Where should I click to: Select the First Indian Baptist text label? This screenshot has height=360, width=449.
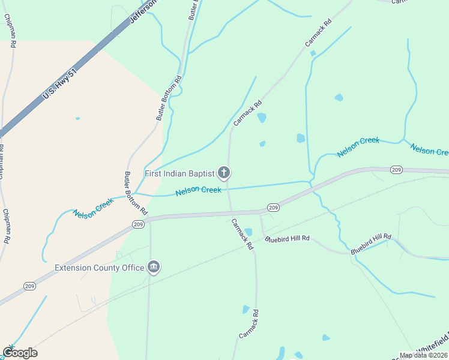(x=179, y=173)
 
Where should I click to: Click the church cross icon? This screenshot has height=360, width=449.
(x=224, y=173)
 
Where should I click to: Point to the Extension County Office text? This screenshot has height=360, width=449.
(x=100, y=268)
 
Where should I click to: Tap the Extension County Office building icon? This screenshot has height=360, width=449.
(x=153, y=267)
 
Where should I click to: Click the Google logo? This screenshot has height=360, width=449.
(x=20, y=352)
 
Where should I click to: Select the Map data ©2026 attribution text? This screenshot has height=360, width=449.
(x=423, y=355)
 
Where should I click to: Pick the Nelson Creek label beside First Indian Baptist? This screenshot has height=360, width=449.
(x=198, y=191)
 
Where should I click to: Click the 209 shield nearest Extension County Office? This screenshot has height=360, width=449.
(x=138, y=224)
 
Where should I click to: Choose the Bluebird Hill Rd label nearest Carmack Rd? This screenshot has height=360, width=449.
(x=288, y=239)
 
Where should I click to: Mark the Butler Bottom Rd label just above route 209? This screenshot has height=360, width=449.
(x=136, y=193)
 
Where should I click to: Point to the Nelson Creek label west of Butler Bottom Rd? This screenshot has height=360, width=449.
(x=93, y=208)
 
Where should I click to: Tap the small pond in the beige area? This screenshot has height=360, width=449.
(x=77, y=118)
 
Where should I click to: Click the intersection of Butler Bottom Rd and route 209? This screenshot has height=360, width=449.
(x=149, y=218)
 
